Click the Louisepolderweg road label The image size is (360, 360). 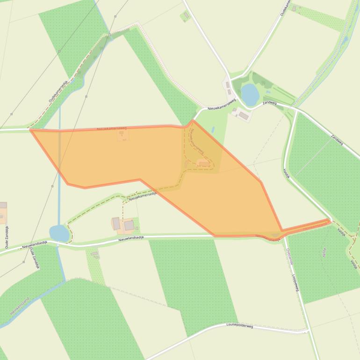point(239,325)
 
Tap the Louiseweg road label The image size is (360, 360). point(295,282)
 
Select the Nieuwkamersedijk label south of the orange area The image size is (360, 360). point(142,196)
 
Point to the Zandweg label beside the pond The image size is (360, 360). point(270,102)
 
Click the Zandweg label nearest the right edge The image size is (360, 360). point(337,139)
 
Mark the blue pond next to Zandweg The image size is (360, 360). point(250,94)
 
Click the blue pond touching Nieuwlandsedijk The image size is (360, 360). point(59,233)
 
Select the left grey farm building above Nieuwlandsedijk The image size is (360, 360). point(116,223)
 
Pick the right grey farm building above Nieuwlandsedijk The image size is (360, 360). point(129,225)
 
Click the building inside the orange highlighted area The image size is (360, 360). point(203,163)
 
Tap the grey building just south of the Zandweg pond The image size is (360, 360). point(244,115)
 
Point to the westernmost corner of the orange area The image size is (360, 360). point(31,130)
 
